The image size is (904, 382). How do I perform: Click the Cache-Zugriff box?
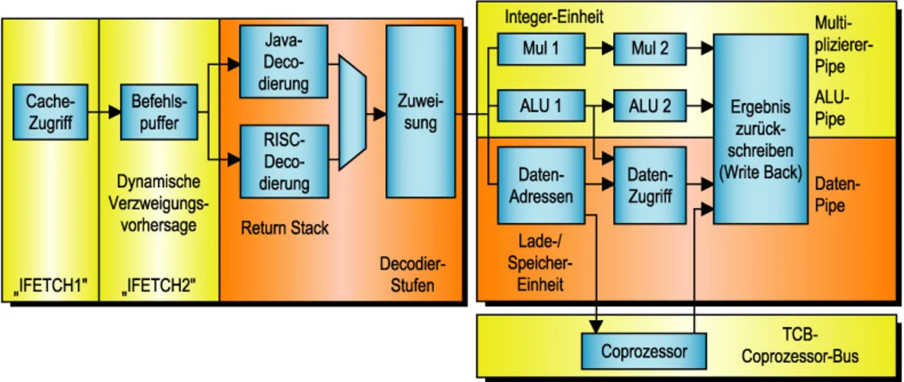point(49,113)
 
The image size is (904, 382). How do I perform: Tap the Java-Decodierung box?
point(284,64)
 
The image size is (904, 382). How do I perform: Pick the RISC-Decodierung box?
point(284,160)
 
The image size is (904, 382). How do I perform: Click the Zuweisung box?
point(420,113)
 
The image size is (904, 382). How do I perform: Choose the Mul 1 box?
point(541,49)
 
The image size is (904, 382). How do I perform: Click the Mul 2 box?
point(650,49)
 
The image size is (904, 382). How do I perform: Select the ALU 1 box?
point(541,107)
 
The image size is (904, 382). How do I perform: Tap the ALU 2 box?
point(650,107)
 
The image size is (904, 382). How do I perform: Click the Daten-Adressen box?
point(541,185)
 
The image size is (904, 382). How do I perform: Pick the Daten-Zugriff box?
point(650,185)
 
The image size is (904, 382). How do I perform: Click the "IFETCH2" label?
point(159,285)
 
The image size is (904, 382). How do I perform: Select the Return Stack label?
point(285,228)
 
